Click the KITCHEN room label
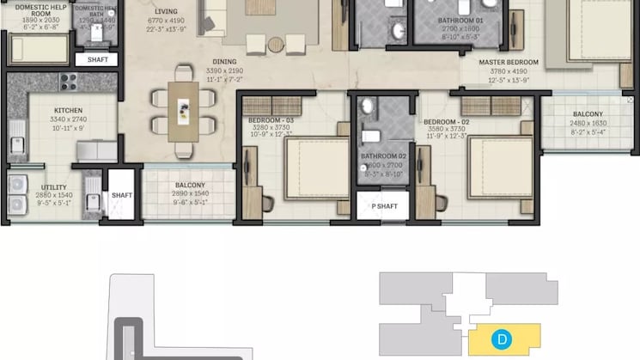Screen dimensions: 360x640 tap(68, 111)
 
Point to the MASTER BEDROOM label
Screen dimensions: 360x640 tap(509, 63)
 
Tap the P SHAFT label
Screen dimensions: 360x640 tap(384, 206)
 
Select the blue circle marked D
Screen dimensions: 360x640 tap(501, 339)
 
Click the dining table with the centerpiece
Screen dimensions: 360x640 tap(183, 110)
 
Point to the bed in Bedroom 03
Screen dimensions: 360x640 tap(314, 168)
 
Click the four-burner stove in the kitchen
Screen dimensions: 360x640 tap(67, 82)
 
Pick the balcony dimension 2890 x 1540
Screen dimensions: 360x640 tap(190, 194)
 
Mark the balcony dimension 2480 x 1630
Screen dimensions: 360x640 tap(588, 123)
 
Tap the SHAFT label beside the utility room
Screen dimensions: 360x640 tap(122, 195)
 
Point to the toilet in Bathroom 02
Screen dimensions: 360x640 tap(370, 135)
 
